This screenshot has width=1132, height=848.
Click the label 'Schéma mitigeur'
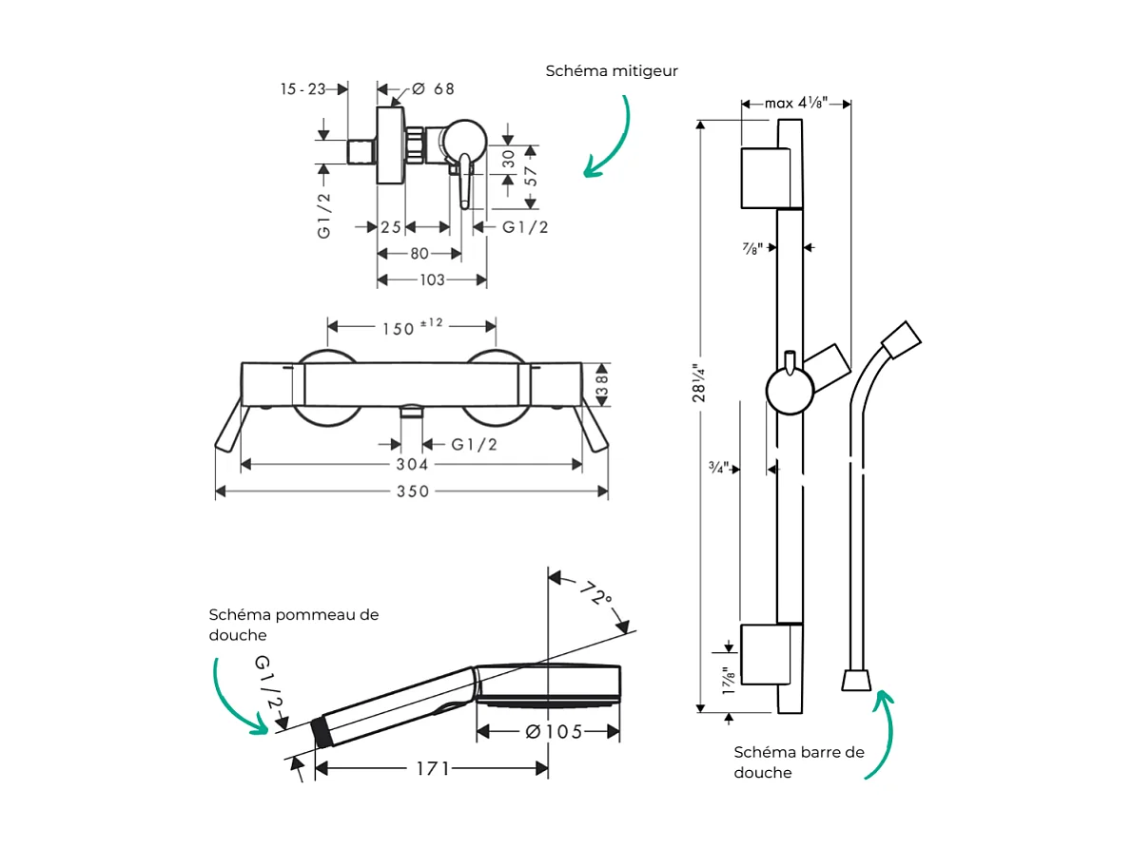[612, 71]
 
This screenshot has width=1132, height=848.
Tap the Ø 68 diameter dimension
[433, 89]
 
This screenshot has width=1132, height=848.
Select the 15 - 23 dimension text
[303, 89]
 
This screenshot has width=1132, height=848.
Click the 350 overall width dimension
[413, 491]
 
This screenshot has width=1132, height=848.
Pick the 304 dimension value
[412, 464]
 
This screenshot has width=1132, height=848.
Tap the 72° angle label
[595, 596]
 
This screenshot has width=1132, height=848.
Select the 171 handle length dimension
[432, 768]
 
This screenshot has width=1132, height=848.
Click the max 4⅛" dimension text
[796, 103]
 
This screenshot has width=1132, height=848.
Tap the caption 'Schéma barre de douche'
[799, 762]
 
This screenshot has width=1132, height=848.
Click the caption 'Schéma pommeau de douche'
[293, 625]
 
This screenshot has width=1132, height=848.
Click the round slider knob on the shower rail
[790, 392]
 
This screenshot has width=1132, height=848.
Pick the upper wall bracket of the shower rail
[767, 177]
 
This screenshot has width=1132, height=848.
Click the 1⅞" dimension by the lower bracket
[729, 683]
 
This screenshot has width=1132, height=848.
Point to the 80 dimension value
[419, 254]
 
